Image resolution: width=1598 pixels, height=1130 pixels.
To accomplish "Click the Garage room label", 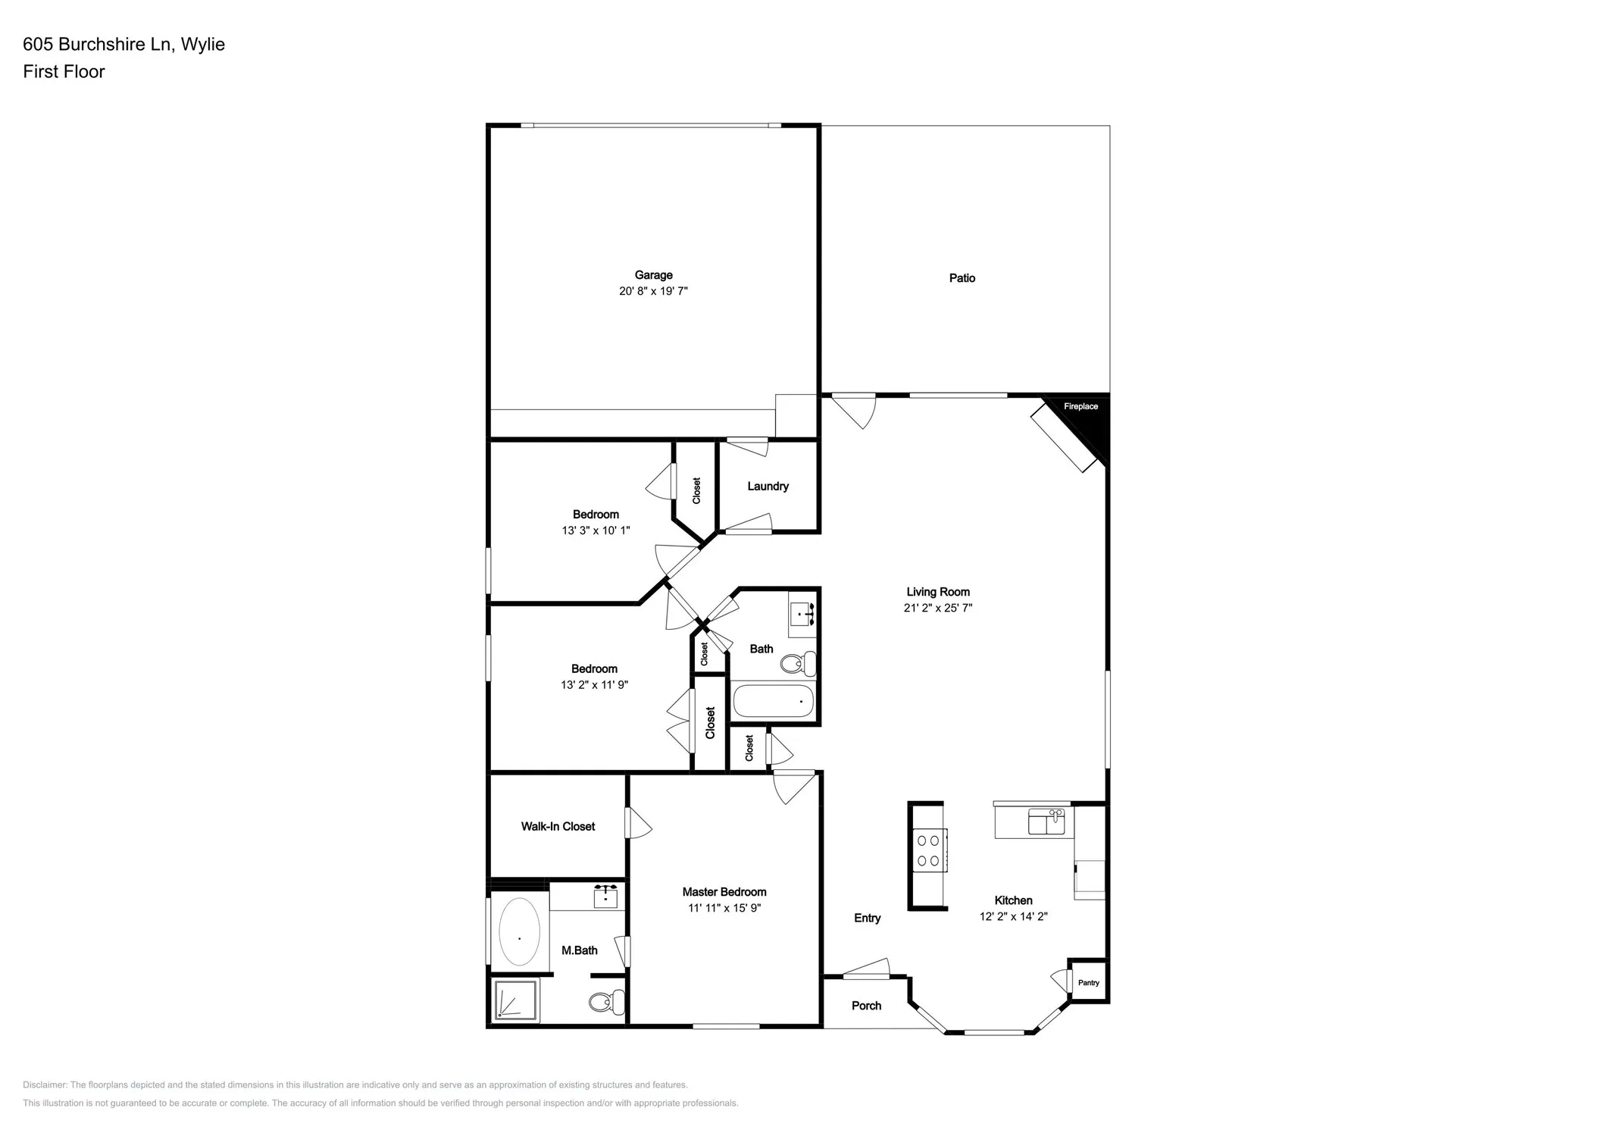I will (x=653, y=275).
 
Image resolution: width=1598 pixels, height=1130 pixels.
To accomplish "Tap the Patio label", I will (x=962, y=278).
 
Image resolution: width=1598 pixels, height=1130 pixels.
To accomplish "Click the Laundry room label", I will (x=768, y=486).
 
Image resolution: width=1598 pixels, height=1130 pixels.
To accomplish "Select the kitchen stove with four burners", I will (x=929, y=850).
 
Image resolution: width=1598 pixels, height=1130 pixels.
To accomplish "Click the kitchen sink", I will (x=1046, y=822).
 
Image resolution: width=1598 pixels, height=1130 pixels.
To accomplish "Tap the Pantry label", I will (x=1088, y=982).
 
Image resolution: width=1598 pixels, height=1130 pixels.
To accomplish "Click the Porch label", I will (x=866, y=1006).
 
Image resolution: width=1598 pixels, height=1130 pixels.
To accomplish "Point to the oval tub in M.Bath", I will (x=519, y=931).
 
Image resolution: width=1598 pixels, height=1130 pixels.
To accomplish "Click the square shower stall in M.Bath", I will (x=515, y=1000).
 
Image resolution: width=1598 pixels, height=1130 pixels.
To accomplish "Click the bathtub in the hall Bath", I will (x=773, y=702).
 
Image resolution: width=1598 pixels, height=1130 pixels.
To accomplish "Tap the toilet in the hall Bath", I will (x=798, y=665).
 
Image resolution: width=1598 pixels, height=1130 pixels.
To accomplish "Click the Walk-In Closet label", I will (x=558, y=826).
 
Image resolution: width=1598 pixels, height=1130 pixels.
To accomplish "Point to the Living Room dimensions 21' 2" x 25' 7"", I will (x=937, y=608).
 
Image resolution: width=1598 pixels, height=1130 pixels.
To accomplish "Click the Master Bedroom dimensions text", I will (x=724, y=908).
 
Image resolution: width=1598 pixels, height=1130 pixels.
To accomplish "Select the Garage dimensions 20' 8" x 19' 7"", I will (x=653, y=291).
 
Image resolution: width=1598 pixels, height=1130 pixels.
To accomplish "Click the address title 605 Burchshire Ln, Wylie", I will (x=124, y=44).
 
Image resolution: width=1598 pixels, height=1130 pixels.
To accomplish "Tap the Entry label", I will (x=867, y=918).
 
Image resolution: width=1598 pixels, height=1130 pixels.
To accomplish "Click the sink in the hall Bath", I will (x=802, y=612).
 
